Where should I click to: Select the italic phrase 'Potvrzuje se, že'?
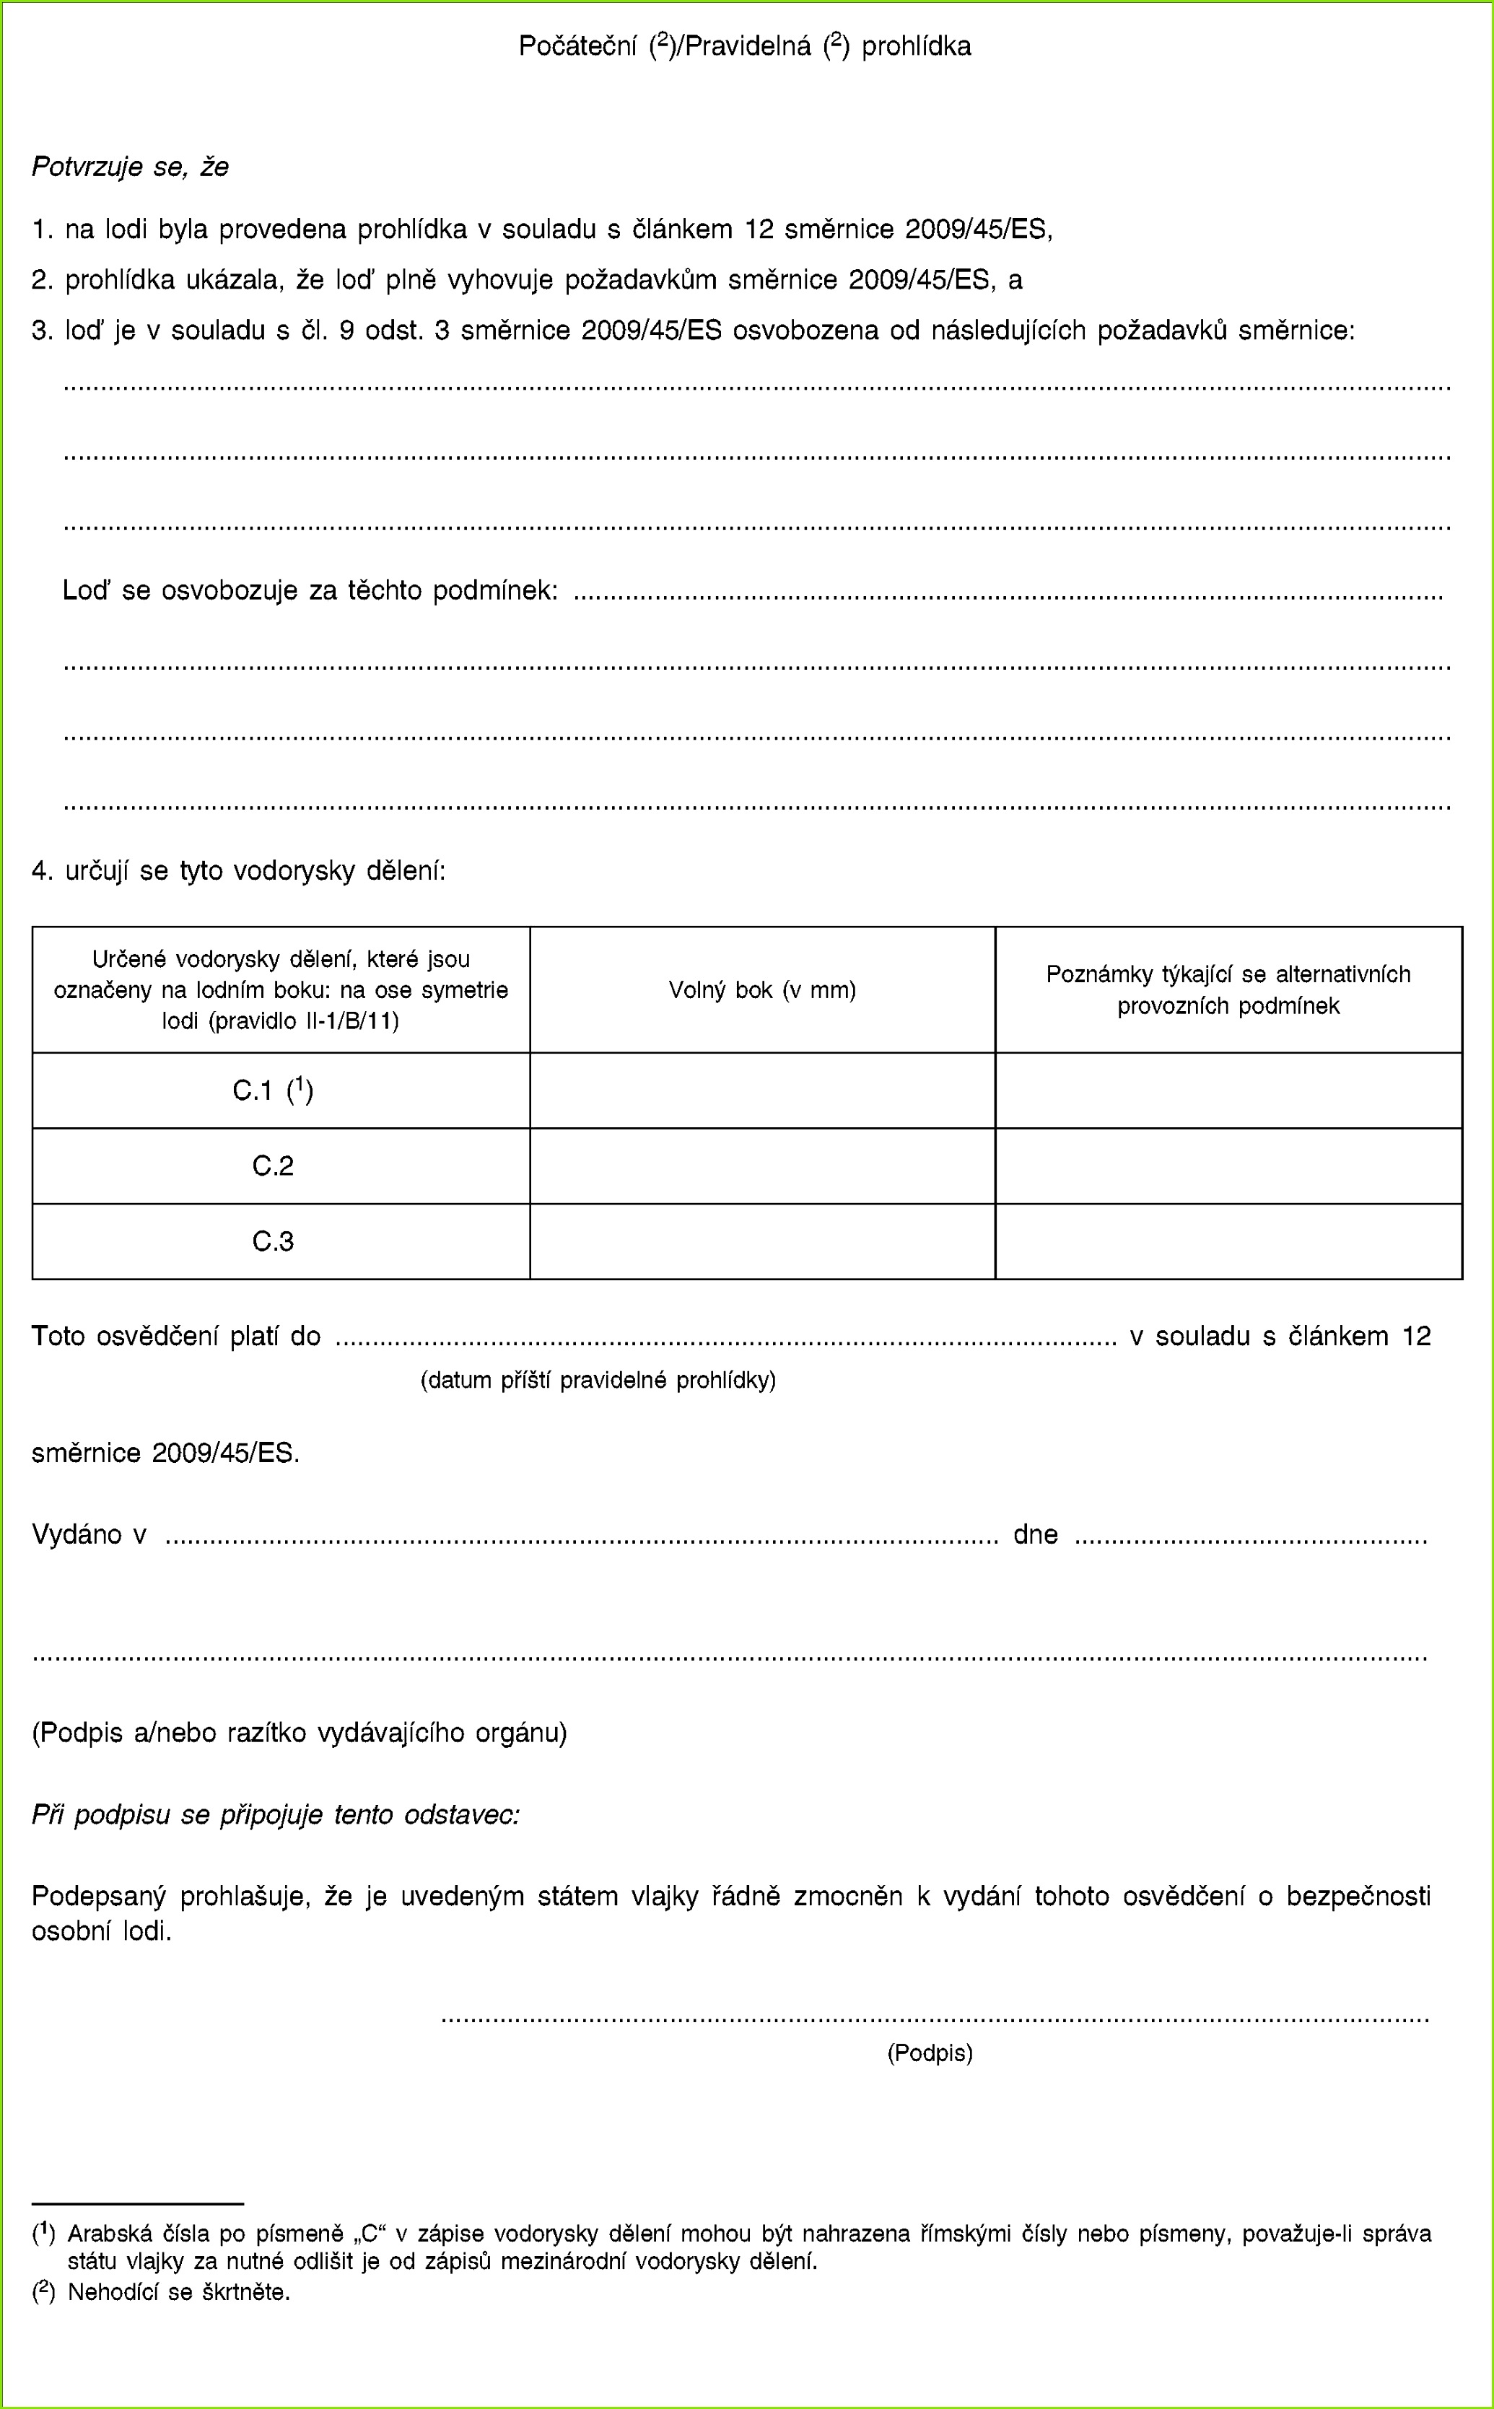pos(131,167)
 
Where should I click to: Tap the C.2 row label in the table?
pos(273,1166)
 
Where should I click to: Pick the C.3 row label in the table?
pos(273,1241)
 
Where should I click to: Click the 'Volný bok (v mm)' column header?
pos(762,989)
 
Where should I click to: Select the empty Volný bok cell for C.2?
pos(762,1166)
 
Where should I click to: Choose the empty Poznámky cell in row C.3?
pos(1228,1241)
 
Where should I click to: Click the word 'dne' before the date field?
pos(1036,1534)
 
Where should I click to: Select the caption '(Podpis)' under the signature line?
pos(930,2053)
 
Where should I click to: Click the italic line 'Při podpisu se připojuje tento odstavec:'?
pos(276,1815)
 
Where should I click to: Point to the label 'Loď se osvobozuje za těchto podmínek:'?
pos(310,591)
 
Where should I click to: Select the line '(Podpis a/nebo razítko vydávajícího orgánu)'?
pos(300,1733)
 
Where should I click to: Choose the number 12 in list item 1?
pos(759,229)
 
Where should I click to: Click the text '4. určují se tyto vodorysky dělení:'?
pos(239,870)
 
